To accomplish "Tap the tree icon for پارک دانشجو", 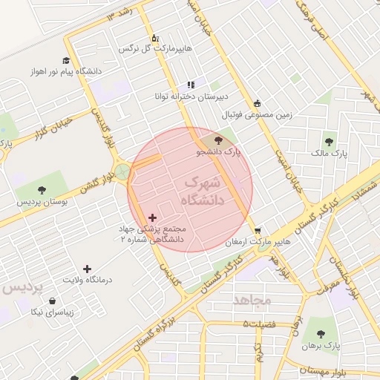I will pos(217,140).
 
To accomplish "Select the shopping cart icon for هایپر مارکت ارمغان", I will pos(258,230).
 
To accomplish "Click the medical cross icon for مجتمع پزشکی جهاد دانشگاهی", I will pos(153,218).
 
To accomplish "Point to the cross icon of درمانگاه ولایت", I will pos(88,269).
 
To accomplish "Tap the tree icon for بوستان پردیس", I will pos(42,190).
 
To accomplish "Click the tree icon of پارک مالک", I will pos(328,141).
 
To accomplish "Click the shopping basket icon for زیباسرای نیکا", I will pos(53,301).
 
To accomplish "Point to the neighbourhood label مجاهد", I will pos(252,300).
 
